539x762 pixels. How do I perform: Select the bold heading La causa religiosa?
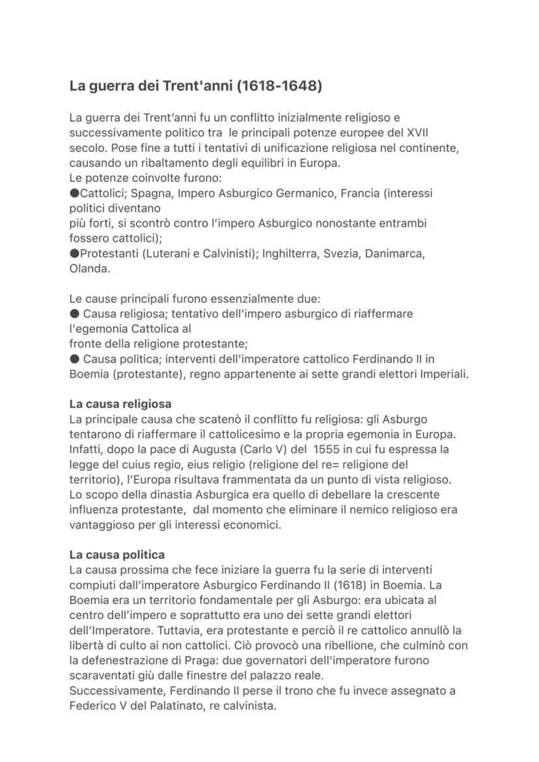pyautogui.click(x=120, y=404)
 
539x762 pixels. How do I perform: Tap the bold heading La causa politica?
pyautogui.click(x=117, y=555)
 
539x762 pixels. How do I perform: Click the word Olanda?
pyautogui.click(x=89, y=269)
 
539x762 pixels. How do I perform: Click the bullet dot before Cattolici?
pyautogui.click(x=74, y=193)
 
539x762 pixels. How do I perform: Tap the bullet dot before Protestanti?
pyautogui.click(x=74, y=254)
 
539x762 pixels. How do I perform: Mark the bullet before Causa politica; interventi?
pyautogui.click(x=74, y=359)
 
